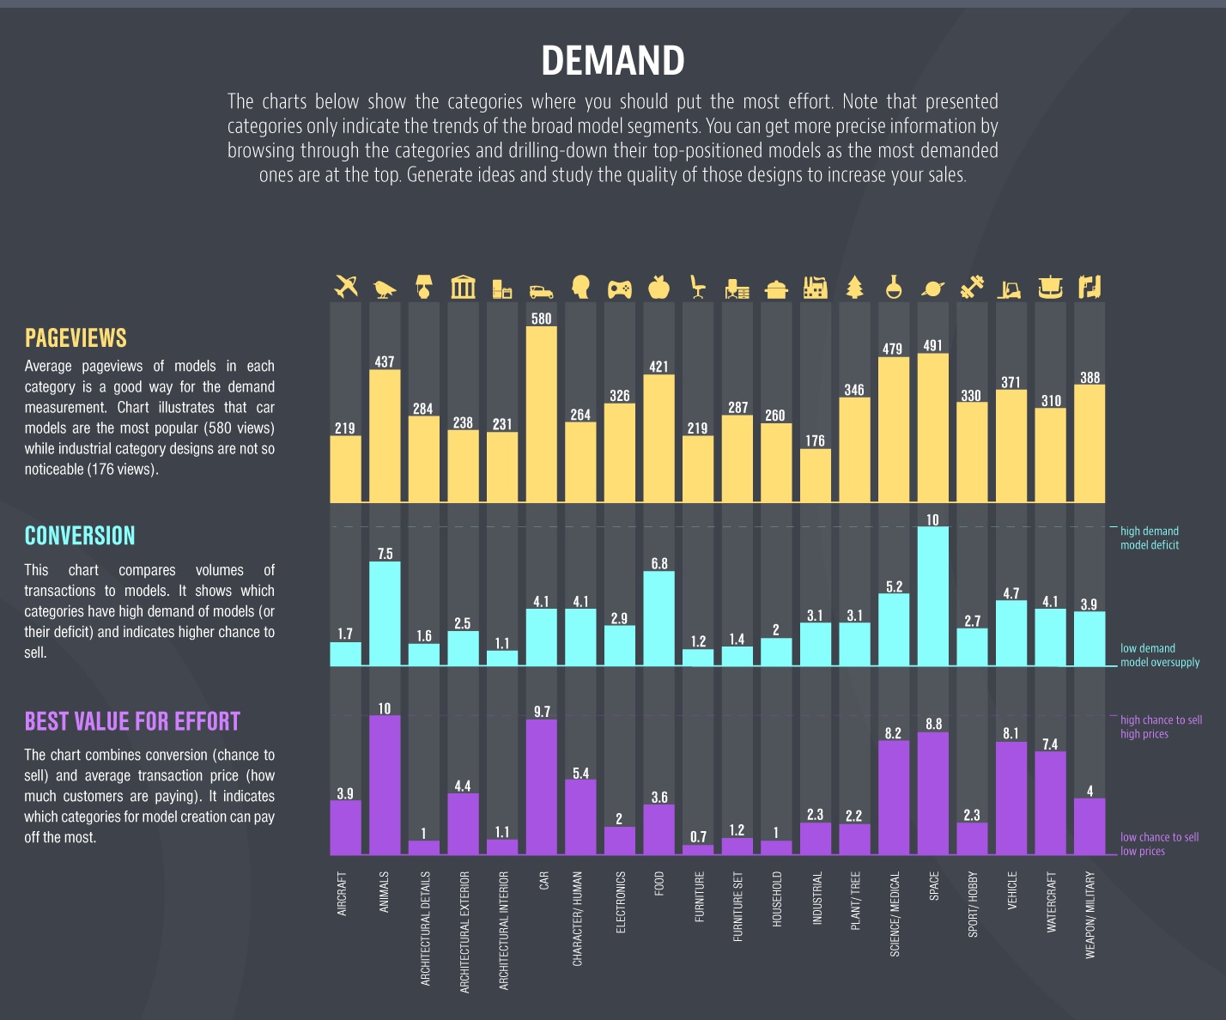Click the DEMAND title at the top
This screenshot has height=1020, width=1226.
click(x=613, y=61)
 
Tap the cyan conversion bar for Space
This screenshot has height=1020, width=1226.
click(x=932, y=597)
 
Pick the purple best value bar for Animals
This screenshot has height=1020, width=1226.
click(x=385, y=786)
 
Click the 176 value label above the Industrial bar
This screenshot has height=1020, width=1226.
click(x=815, y=440)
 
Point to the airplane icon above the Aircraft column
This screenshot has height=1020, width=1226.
click(x=346, y=287)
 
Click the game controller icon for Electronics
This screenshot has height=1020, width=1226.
click(x=619, y=288)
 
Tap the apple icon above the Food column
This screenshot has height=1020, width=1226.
click(x=659, y=287)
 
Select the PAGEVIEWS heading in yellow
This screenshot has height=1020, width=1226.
click(x=76, y=338)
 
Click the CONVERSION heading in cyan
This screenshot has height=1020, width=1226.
click(x=80, y=536)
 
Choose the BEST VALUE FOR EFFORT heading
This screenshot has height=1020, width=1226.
click(x=132, y=721)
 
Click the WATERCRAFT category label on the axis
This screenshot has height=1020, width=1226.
click(x=1052, y=902)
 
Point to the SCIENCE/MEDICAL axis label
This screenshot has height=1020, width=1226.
click(x=895, y=914)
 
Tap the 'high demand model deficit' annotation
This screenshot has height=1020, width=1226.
click(x=1150, y=538)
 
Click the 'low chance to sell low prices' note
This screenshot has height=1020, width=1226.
click(x=1159, y=844)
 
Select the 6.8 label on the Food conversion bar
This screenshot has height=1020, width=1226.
click(x=659, y=563)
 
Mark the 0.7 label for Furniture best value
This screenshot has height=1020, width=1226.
click(x=698, y=836)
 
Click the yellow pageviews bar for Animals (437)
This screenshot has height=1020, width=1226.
click(x=385, y=436)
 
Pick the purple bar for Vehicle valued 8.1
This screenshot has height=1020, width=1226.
click(x=1011, y=798)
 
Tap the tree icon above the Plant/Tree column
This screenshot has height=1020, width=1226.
click(x=854, y=287)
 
